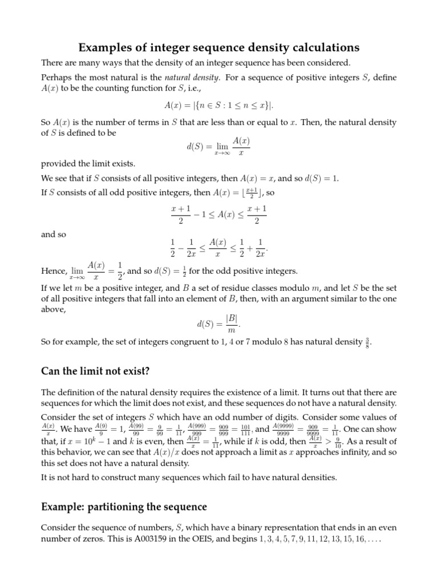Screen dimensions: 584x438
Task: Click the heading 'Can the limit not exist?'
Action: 95,371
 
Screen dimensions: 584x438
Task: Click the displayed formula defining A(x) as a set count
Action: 219,106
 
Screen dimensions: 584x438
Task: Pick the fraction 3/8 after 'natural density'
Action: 374,342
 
